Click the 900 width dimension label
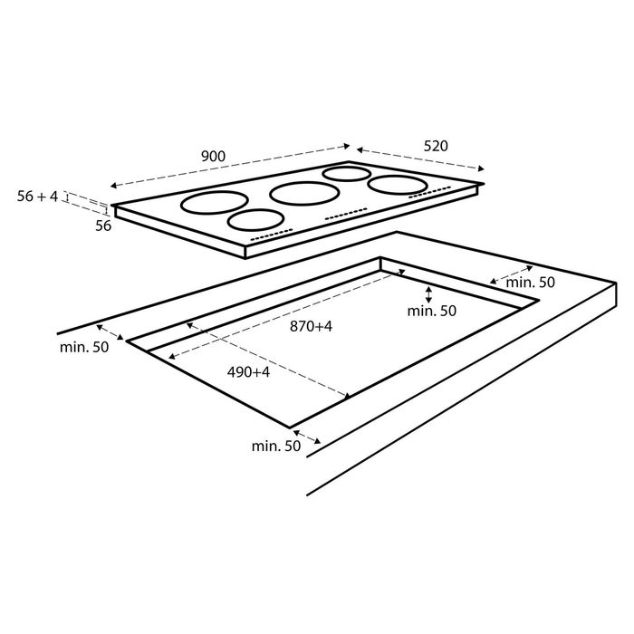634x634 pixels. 213,156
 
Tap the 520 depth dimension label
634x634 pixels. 436,146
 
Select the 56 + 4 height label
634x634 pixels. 38,197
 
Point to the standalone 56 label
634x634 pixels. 103,226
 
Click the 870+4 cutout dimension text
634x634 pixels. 311,326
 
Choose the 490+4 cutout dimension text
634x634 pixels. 248,372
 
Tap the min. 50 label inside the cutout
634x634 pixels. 431,311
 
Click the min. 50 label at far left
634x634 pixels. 84,347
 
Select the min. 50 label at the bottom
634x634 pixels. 276,446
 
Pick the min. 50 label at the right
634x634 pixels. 531,283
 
